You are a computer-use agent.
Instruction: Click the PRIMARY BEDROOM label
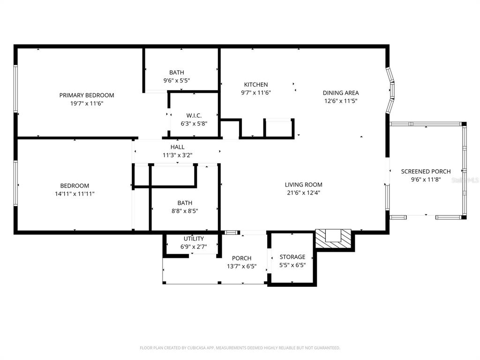point(87,95)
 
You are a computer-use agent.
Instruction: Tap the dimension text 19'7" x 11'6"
point(87,103)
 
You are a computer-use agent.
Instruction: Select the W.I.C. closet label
point(194,115)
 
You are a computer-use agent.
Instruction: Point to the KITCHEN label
point(256,84)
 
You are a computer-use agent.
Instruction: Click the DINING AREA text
point(341,93)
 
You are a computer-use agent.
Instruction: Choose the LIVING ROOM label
point(304,185)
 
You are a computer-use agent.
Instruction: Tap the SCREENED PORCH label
point(426,172)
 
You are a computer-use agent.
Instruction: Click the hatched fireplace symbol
point(333,238)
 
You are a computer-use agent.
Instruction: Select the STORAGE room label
point(292,257)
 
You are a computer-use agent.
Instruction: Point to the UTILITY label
point(194,239)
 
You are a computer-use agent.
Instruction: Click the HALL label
point(177,147)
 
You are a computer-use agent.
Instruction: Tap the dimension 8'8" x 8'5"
point(185,211)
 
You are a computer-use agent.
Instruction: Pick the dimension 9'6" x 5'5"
point(177,80)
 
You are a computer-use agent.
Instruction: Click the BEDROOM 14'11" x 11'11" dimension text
point(75,194)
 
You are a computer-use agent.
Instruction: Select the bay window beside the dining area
point(390,89)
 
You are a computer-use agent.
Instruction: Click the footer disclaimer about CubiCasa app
point(240,348)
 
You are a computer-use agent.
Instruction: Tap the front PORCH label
point(241,258)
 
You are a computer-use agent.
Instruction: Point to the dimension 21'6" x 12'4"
point(304,193)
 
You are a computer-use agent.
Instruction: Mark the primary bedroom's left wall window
point(15,89)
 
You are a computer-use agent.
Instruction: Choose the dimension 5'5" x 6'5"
point(292,265)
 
